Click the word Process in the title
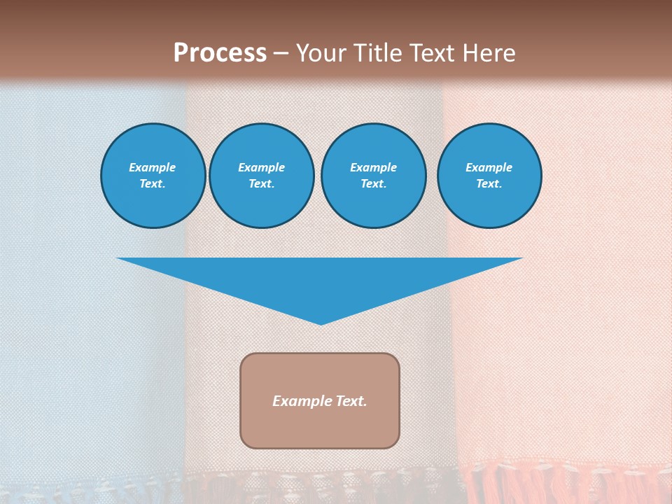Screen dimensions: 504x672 point(220,53)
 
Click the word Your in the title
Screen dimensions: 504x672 point(320,53)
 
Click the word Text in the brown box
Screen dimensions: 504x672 point(351,401)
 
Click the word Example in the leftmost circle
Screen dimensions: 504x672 point(153,167)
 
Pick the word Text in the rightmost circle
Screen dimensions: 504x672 point(489,183)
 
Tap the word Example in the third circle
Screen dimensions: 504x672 point(373,167)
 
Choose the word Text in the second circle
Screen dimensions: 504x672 point(261,183)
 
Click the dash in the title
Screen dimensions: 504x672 point(281,53)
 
